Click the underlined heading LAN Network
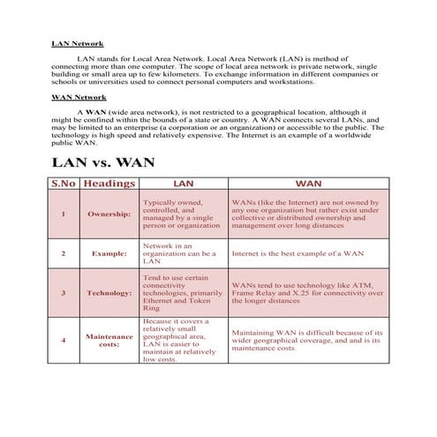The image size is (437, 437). click(78, 42)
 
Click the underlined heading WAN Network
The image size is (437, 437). click(79, 97)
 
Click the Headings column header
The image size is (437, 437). click(109, 184)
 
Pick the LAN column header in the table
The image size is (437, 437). click(183, 184)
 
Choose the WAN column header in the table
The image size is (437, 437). click(308, 184)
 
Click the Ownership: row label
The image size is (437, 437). click(109, 215)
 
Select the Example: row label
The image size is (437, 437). click(109, 253)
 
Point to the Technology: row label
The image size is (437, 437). click(109, 292)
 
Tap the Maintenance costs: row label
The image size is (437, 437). click(109, 340)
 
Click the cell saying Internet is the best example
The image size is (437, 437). click(298, 253)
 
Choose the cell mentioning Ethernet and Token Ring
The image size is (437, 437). click(183, 293)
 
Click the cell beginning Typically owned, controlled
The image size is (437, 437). click(183, 215)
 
